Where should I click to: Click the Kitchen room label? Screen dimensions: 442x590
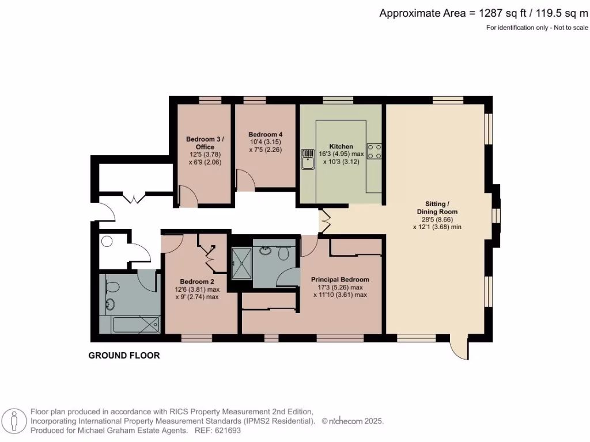pyautogui.click(x=341, y=146)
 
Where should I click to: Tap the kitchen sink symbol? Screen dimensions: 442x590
pyautogui.click(x=307, y=160)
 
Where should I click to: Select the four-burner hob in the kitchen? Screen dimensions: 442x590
pyautogui.click(x=375, y=151)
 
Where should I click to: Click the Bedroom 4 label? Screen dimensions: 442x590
pyautogui.click(x=265, y=134)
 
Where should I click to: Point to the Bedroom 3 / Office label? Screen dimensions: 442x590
pyautogui.click(x=205, y=143)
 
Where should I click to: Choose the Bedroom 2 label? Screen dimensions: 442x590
pyautogui.click(x=196, y=281)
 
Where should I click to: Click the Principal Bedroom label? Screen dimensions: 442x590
pyautogui.click(x=340, y=280)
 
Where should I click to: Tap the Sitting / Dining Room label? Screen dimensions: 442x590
pyautogui.click(x=437, y=208)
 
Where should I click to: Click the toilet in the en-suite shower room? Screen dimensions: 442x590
pyautogui.click(x=283, y=252)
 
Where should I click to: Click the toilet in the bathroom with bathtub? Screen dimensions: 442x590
pyautogui.click(x=112, y=286)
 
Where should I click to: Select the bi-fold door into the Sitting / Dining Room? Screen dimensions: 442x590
pyautogui.click(x=324, y=221)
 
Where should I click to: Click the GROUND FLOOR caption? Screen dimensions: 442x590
pyautogui.click(x=124, y=356)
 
